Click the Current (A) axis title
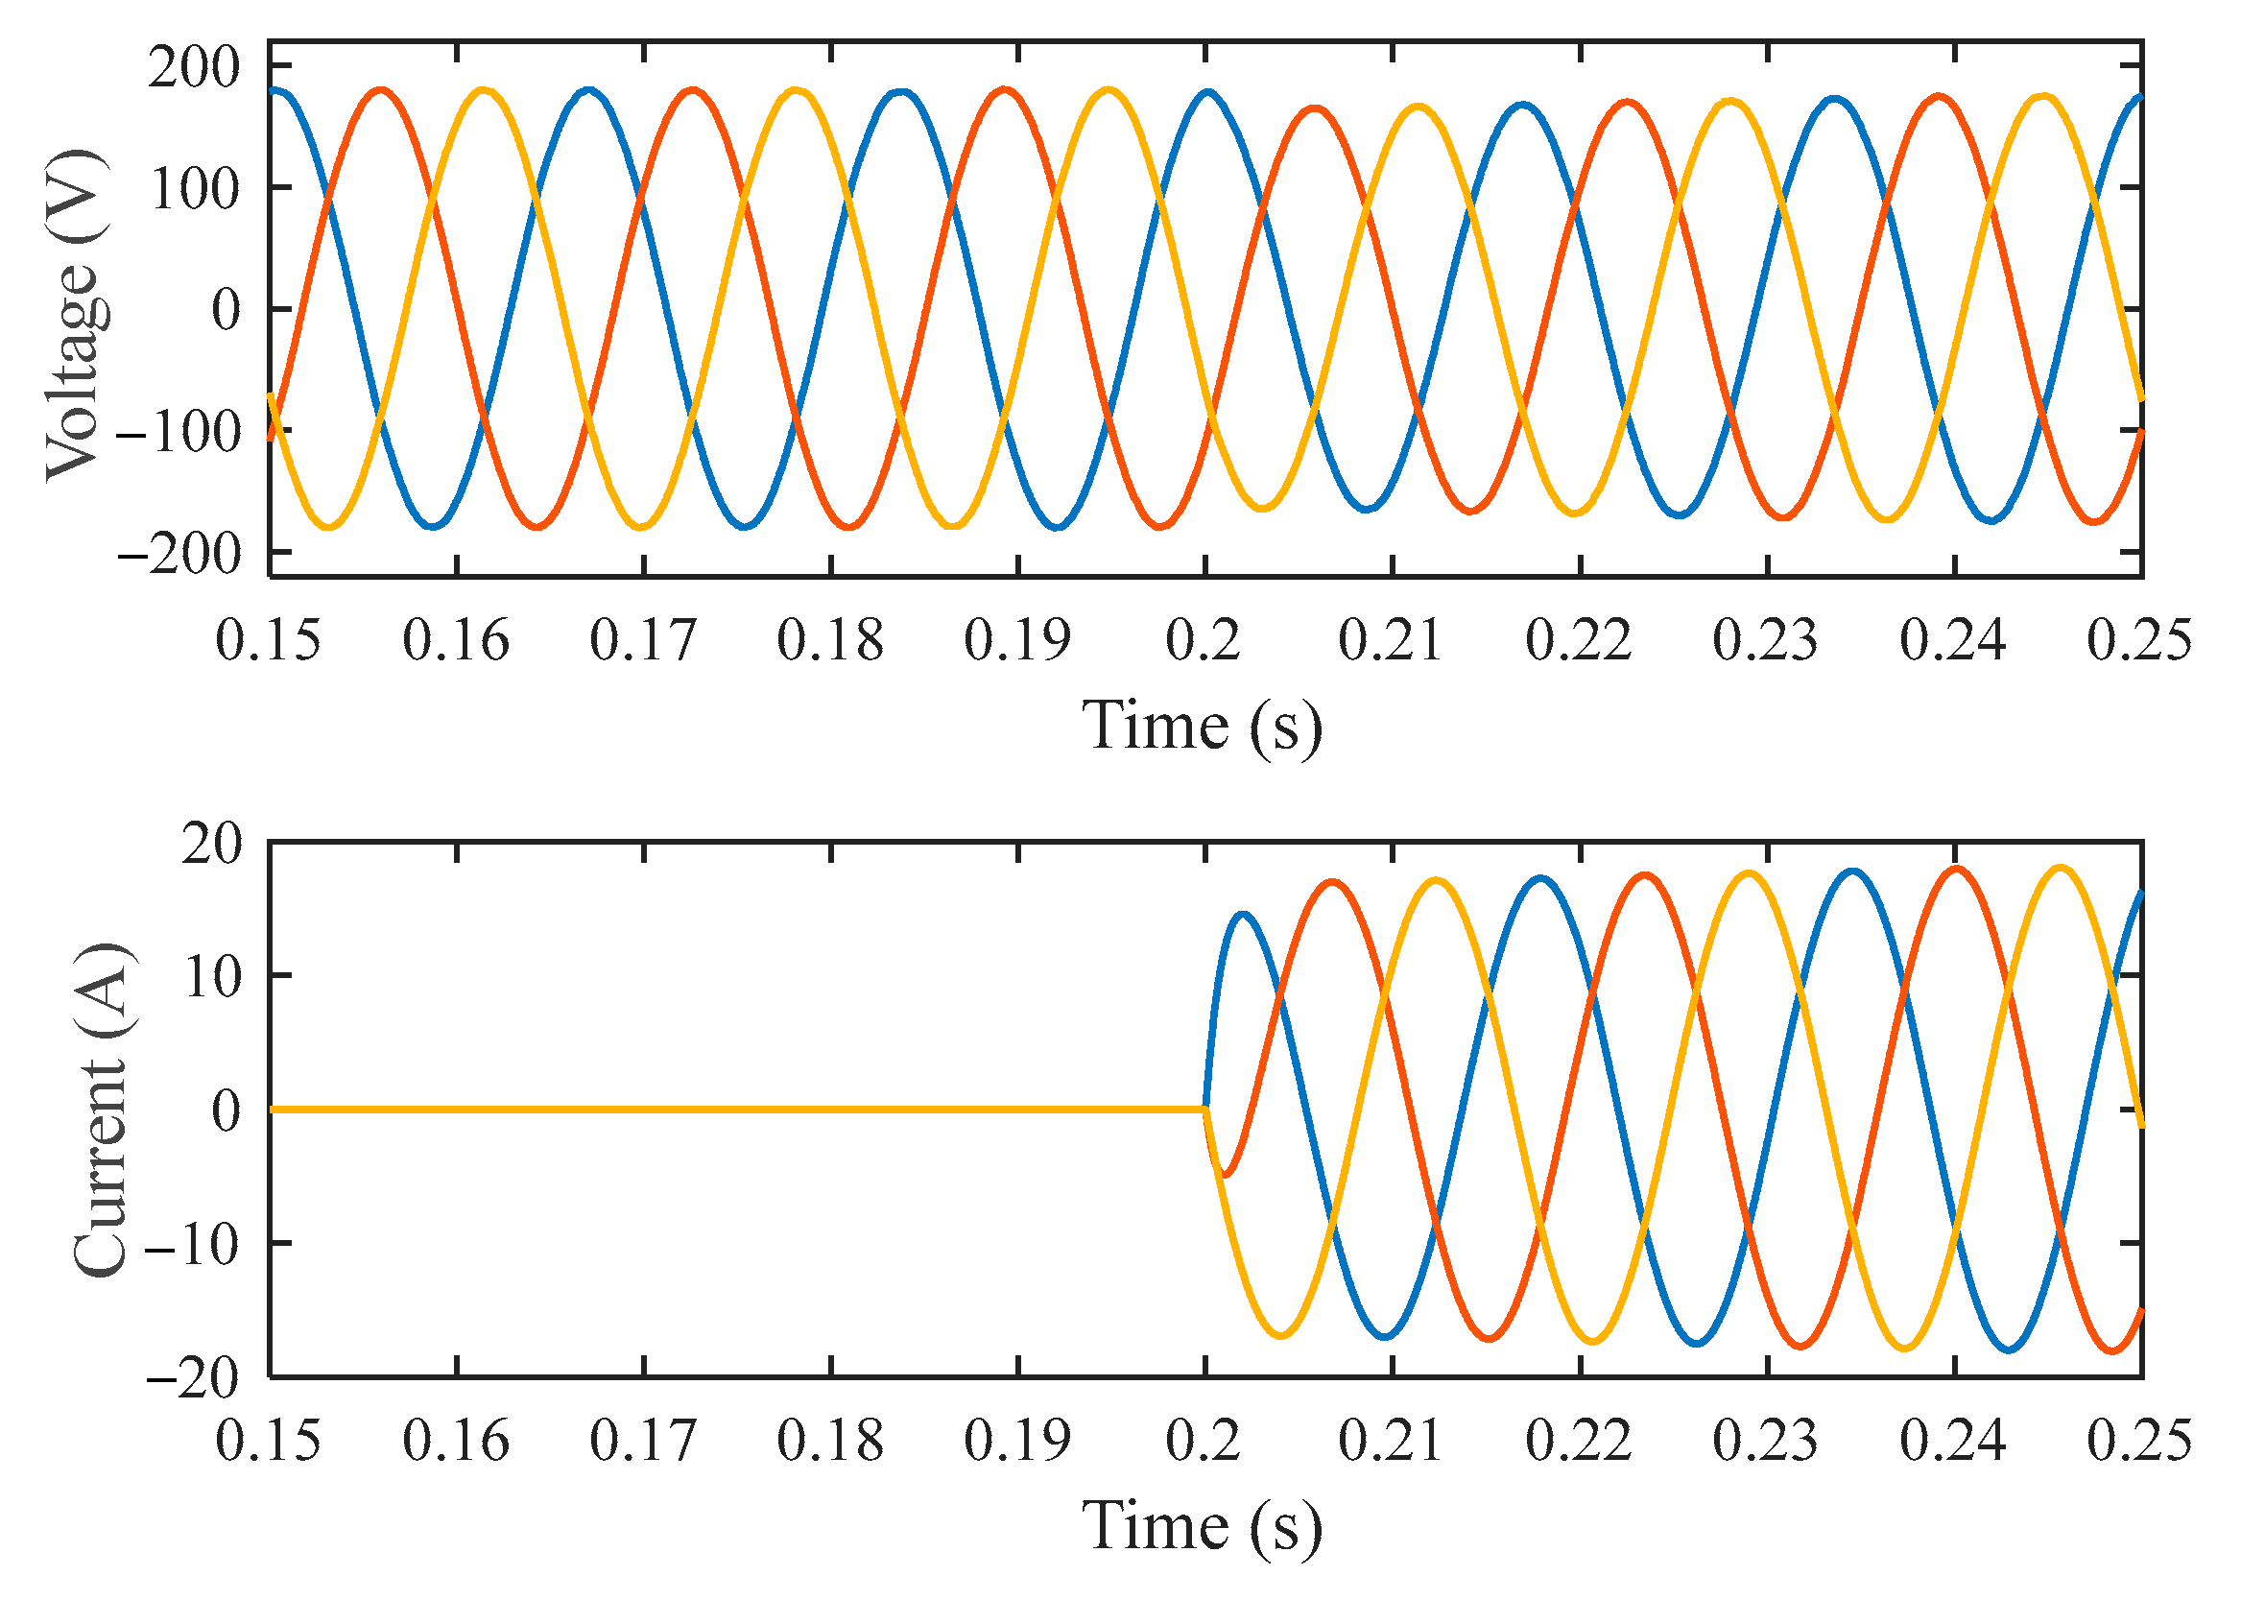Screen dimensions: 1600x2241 coord(103,1110)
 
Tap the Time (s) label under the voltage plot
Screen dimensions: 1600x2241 coord(1202,728)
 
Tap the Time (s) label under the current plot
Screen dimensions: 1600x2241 coord(1202,1527)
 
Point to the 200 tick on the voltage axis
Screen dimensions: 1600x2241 coord(194,69)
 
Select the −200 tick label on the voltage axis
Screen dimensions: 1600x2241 coord(179,555)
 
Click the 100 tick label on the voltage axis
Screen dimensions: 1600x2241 coord(194,189)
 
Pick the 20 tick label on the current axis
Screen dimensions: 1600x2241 coord(211,845)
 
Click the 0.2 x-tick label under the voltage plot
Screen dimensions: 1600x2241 coord(1203,641)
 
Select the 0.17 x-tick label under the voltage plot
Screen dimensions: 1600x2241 coord(642,641)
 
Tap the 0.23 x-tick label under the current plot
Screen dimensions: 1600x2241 coord(1765,1442)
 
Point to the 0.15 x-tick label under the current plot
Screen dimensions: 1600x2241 coord(268,1442)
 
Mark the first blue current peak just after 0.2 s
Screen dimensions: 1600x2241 coord(1242,915)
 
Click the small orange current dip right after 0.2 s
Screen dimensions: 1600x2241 coord(1225,1175)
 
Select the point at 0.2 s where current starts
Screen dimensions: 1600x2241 coord(1204,1110)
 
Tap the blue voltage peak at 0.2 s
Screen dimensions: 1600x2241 coord(1207,92)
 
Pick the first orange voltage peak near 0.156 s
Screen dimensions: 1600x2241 coord(381,89)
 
